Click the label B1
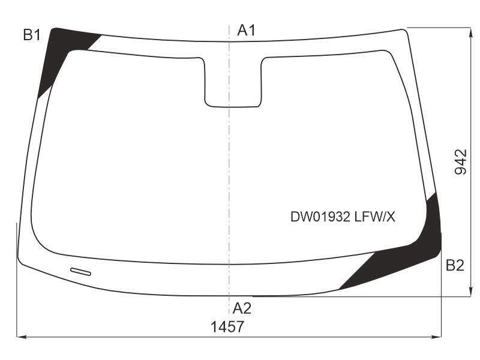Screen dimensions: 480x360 (x=32, y=35)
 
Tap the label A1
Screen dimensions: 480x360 (x=246, y=31)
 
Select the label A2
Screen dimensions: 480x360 (x=242, y=308)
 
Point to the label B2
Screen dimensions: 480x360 (x=455, y=265)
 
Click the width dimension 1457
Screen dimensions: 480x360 (x=227, y=326)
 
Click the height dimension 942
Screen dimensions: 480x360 (x=460, y=162)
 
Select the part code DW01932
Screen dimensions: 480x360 (x=320, y=217)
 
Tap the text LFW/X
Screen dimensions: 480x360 (x=374, y=217)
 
